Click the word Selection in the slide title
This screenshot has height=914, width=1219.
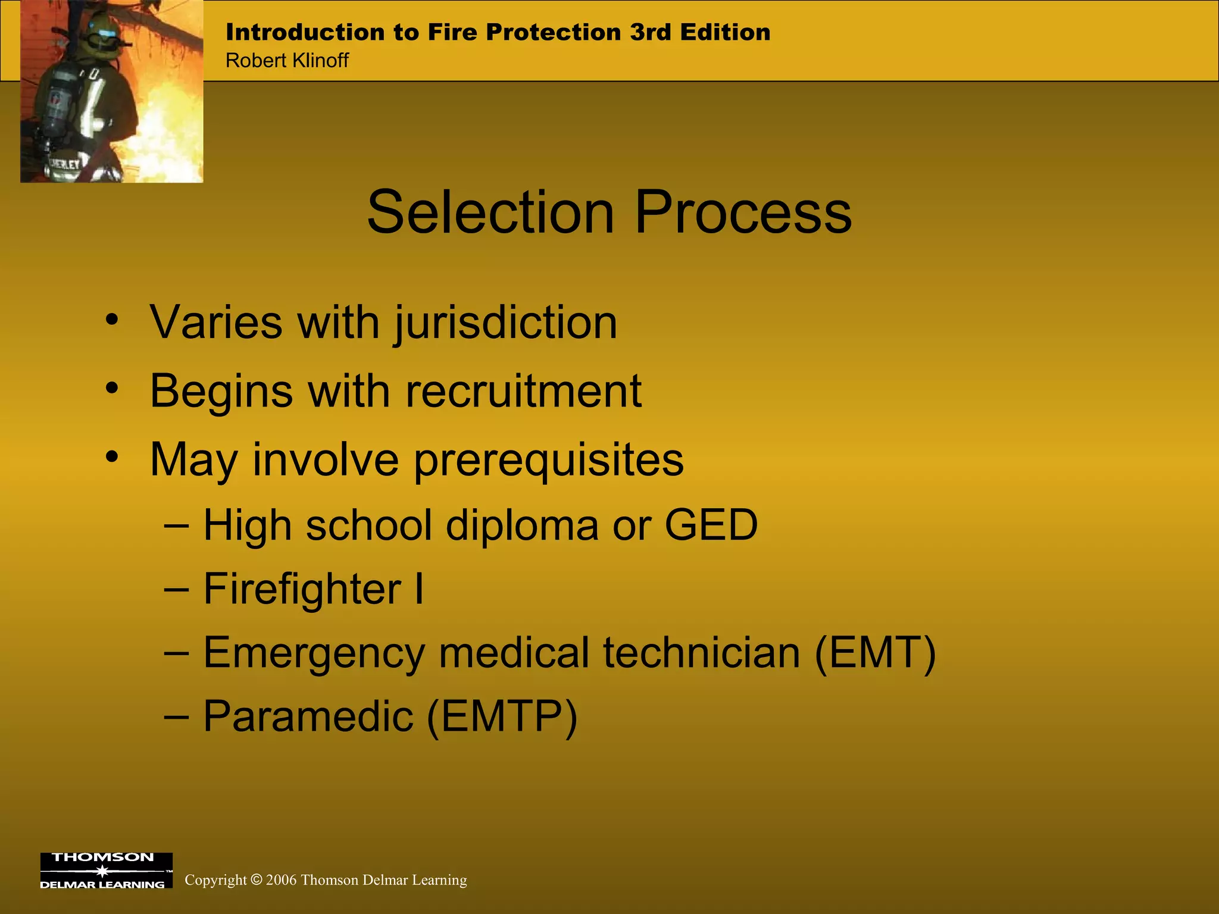pyautogui.click(x=490, y=213)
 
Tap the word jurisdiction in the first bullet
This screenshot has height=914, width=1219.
pyautogui.click(x=505, y=323)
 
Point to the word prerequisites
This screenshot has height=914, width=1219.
pyautogui.click(x=548, y=461)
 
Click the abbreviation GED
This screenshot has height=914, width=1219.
pyautogui.click(x=711, y=525)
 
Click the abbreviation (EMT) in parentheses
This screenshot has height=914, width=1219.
pyautogui.click(x=875, y=653)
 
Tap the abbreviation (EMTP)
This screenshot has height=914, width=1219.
pyautogui.click(x=502, y=716)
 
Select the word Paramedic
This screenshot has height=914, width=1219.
pyautogui.click(x=308, y=716)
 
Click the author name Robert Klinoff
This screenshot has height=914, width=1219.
pyautogui.click(x=287, y=61)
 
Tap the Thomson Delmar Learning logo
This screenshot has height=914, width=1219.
pyautogui.click(x=106, y=871)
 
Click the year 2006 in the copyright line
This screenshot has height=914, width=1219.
pyautogui.click(x=281, y=880)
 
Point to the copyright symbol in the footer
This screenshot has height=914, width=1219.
pyautogui.click(x=257, y=880)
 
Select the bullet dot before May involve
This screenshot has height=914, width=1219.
pyautogui.click(x=112, y=458)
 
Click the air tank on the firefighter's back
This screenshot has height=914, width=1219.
pyautogui.click(x=57, y=104)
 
